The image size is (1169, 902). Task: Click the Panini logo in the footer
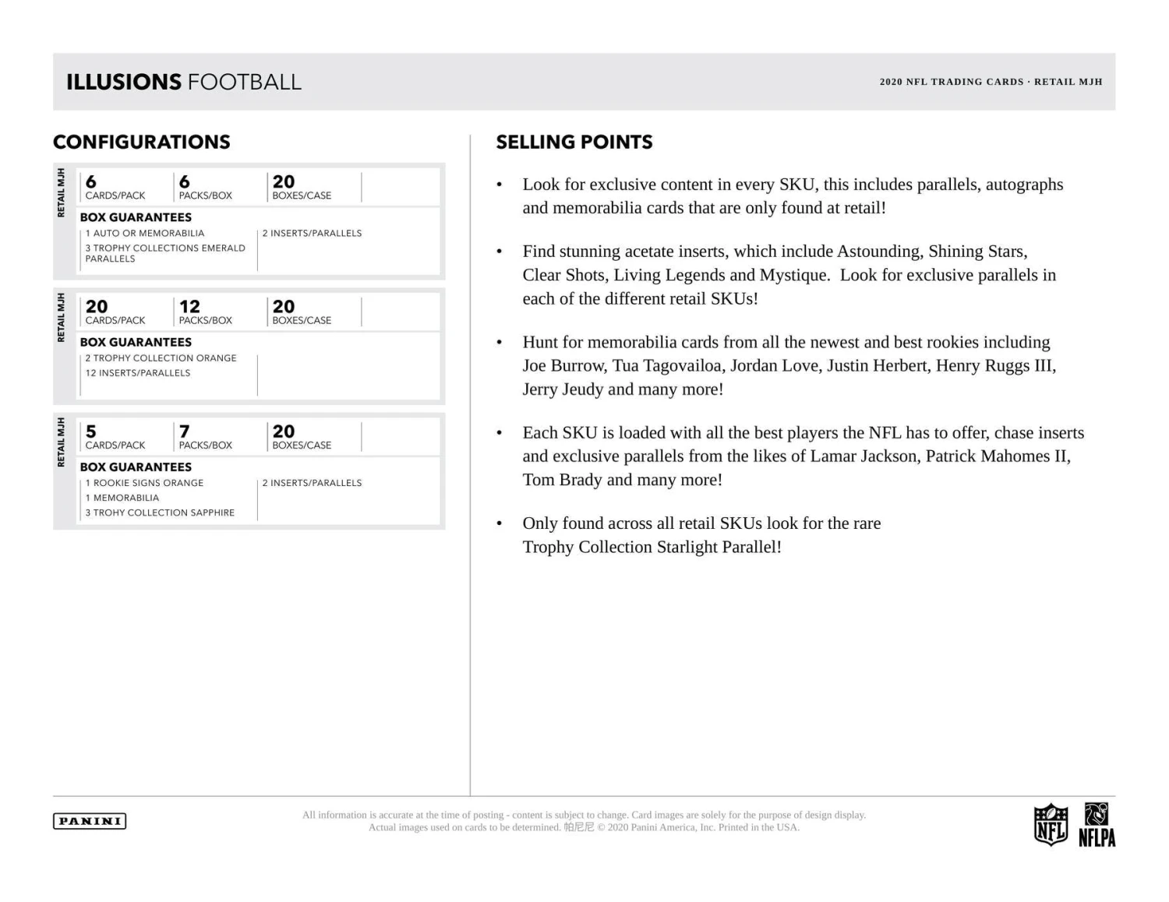(90, 821)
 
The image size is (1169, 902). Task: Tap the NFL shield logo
(1050, 824)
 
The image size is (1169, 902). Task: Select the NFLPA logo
(1097, 825)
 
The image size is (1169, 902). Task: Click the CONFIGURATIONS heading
(142, 142)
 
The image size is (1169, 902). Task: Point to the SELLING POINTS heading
(574, 142)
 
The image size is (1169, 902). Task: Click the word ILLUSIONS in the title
(124, 82)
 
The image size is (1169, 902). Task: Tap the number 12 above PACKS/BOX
(189, 307)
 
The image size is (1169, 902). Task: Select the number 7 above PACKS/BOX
(185, 432)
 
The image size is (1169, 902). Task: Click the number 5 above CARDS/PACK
(91, 432)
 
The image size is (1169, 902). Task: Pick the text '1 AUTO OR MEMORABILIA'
(145, 233)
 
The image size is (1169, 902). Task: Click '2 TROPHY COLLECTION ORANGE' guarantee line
(161, 358)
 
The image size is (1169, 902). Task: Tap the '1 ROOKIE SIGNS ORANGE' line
(144, 483)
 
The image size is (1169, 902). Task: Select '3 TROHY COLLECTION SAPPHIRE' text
(160, 513)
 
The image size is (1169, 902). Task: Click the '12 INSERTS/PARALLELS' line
(138, 373)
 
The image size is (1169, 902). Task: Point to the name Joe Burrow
(564, 365)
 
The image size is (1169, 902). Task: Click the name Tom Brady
(562, 480)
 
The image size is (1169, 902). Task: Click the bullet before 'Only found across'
(500, 523)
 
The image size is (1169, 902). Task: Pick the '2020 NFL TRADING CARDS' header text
(951, 82)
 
